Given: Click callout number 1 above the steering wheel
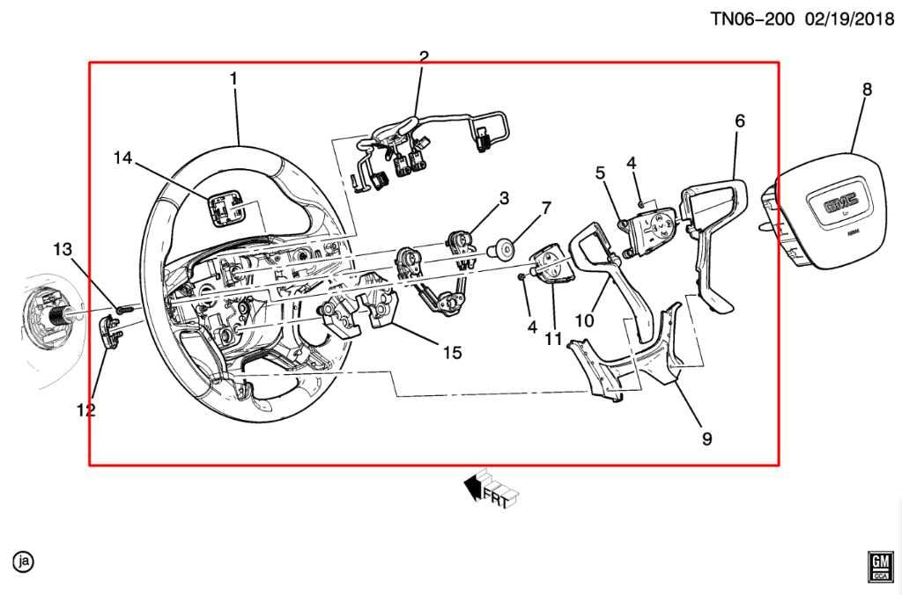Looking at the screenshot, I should click(x=233, y=79).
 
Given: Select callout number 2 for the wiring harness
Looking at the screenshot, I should click(x=424, y=58).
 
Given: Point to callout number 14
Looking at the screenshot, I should click(x=122, y=158).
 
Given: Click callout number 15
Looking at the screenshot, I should click(x=452, y=352).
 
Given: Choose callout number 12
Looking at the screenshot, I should click(x=85, y=409).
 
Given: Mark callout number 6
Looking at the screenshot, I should click(x=739, y=121).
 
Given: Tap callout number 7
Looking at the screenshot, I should click(x=546, y=209).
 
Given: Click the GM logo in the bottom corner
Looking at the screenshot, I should click(x=877, y=566).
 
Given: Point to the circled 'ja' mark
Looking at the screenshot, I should click(x=23, y=561).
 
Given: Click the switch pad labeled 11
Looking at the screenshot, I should click(x=551, y=267).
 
